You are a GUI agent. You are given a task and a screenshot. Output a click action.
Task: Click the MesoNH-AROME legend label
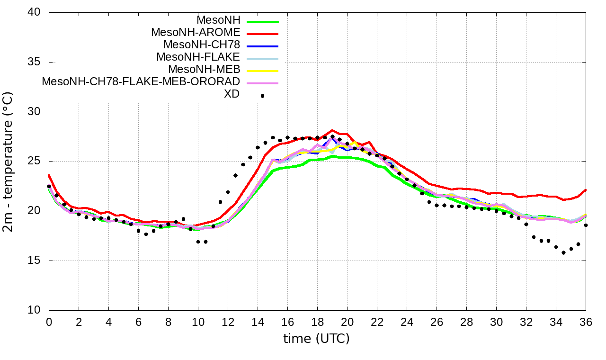(x=196, y=33)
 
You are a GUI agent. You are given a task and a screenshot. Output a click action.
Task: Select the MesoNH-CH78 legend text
(x=202, y=45)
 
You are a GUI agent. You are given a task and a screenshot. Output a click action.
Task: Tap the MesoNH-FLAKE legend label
(x=198, y=57)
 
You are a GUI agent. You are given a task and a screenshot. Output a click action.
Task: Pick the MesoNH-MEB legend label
(x=205, y=70)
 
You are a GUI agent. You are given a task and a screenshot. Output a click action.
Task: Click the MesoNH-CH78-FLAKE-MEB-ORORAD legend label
(x=141, y=81)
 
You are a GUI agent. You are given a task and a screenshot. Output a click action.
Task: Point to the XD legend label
(x=232, y=94)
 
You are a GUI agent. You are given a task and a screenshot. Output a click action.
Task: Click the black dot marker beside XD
(x=262, y=96)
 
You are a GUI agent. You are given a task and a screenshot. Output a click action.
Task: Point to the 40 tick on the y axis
(x=35, y=13)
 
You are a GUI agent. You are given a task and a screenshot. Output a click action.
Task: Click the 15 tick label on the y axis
(x=35, y=261)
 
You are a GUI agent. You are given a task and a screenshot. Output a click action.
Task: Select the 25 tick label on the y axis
(x=35, y=162)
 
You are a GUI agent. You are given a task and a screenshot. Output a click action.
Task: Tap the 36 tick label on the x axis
(x=586, y=321)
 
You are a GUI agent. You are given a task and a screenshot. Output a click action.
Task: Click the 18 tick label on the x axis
(x=317, y=321)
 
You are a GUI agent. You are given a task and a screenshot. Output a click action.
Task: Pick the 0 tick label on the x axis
(x=49, y=321)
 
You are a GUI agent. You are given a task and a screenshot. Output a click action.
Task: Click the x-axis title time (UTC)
(x=316, y=339)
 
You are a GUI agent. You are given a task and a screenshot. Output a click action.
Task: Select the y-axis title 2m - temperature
(x=9, y=162)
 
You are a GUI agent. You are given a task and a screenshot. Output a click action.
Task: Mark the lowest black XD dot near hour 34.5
(x=563, y=252)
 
